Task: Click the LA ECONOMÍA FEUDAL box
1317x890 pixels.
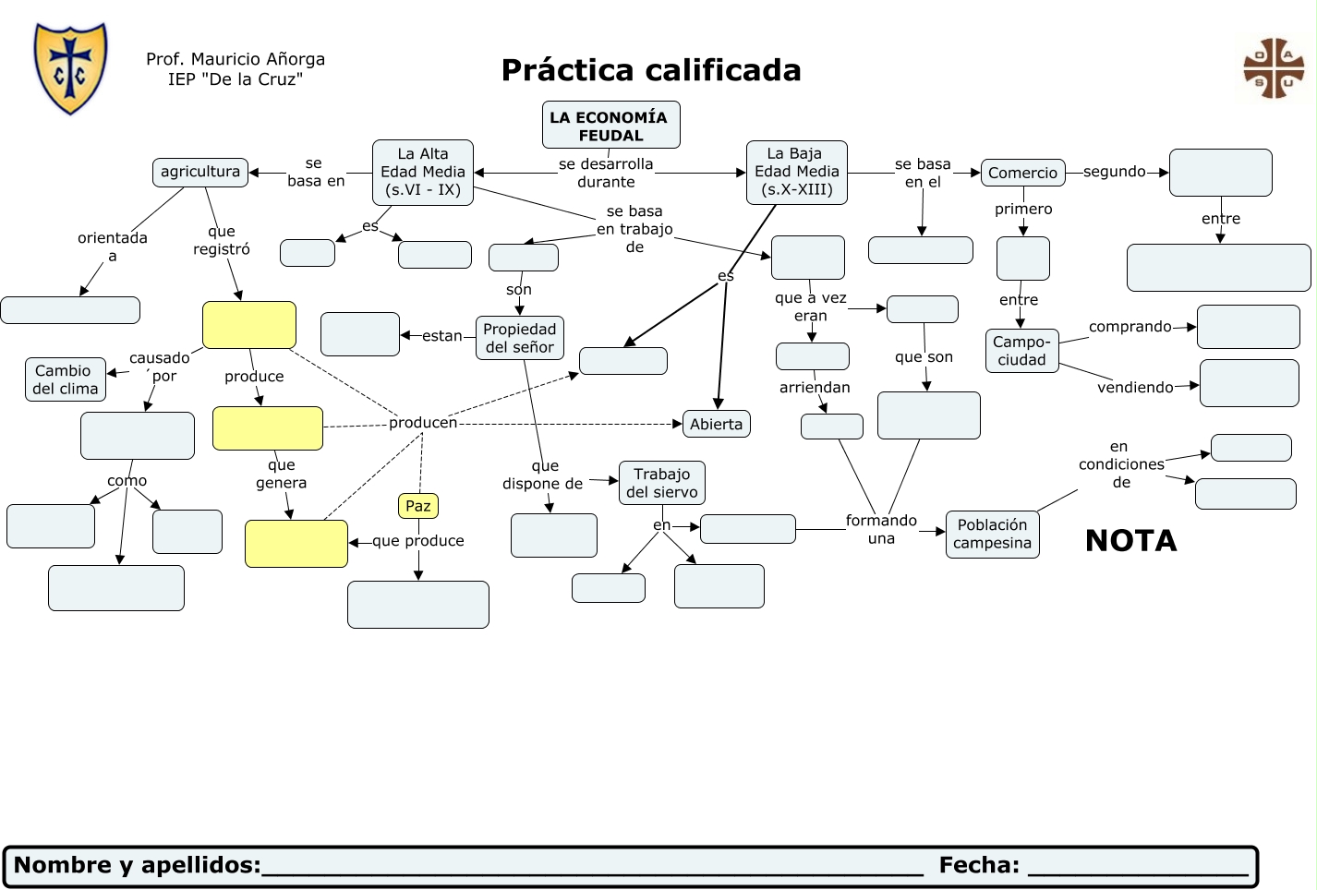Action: point(610,126)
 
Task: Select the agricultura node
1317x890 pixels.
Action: point(199,172)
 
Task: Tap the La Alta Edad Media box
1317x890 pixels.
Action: point(423,172)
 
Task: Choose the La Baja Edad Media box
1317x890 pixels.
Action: point(796,172)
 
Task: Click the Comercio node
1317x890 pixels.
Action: point(1022,173)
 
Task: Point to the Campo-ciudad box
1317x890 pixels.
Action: point(1021,351)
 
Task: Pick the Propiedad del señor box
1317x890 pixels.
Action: point(519,338)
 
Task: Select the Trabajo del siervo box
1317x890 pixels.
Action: point(661,483)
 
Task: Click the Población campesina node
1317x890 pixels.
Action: point(992,534)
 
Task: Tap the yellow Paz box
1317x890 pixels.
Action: point(417,506)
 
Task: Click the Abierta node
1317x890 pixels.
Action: point(716,424)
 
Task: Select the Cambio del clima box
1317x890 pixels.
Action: point(65,379)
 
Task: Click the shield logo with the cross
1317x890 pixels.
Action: point(70,68)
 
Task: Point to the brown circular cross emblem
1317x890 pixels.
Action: point(1274,68)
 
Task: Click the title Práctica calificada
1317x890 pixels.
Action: point(650,70)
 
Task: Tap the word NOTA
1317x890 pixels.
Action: point(1130,540)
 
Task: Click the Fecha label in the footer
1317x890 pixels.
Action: point(979,865)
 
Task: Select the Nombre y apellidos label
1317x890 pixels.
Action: point(138,865)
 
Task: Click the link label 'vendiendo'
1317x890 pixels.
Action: point(1134,388)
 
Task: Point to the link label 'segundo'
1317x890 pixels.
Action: point(1114,172)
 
